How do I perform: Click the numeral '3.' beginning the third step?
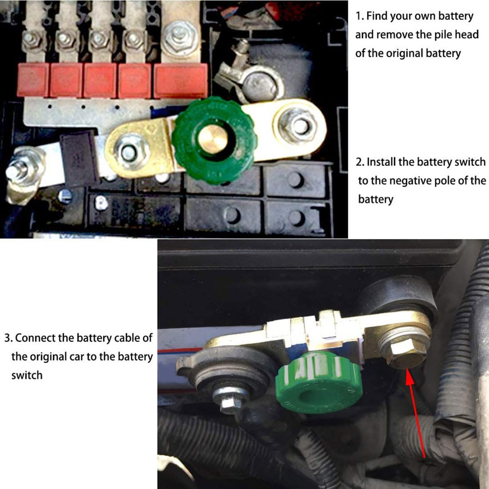tap(8, 337)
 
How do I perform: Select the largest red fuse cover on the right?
tap(181, 80)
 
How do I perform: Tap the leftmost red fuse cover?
tap(33, 80)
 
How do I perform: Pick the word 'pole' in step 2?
tap(452, 181)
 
